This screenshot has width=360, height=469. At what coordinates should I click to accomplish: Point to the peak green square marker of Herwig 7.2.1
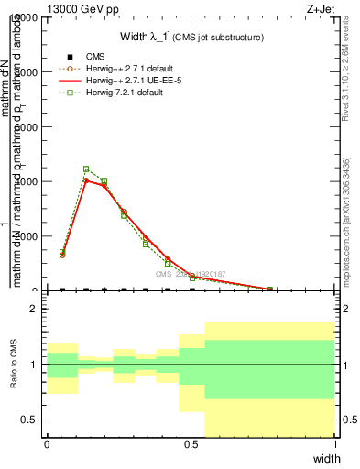tap(86, 169)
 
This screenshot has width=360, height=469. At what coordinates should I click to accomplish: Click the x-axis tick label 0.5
tap(191, 444)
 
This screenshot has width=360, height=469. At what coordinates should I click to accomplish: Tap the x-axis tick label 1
tap(334, 444)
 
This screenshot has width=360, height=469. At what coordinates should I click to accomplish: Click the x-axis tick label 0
tap(47, 444)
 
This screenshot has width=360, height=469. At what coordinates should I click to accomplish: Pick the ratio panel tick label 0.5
tap(29, 420)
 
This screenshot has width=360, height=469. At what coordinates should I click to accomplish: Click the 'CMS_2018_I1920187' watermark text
tap(190, 273)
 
